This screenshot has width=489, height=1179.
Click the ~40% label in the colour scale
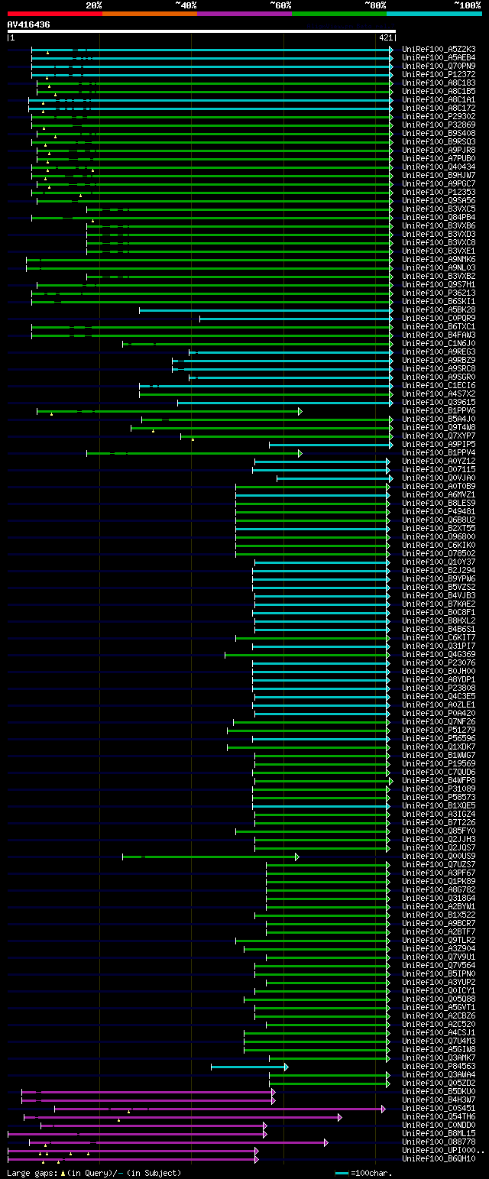(x=186, y=5)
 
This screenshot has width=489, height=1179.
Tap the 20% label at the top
(x=93, y=5)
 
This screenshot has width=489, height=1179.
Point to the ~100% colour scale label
(x=467, y=5)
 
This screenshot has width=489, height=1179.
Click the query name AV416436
(x=29, y=24)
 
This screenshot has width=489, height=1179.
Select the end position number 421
(x=385, y=37)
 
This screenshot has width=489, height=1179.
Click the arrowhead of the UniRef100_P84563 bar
(x=286, y=1067)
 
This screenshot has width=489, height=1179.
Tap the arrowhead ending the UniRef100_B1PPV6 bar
(x=300, y=411)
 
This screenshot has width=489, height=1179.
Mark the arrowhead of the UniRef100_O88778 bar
(x=326, y=1142)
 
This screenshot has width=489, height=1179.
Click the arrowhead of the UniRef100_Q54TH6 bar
(x=339, y=1117)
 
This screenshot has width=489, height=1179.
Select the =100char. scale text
(x=371, y=1173)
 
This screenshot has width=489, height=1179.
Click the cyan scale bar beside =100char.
(x=342, y=1173)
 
